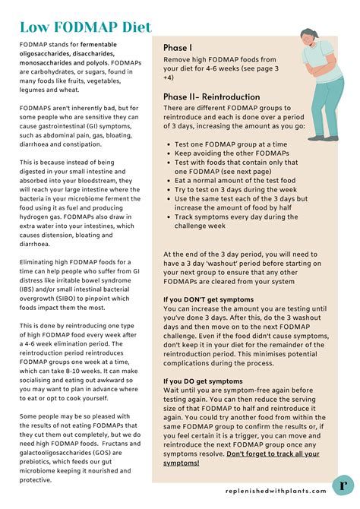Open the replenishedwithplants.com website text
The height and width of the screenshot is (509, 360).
point(276,491)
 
